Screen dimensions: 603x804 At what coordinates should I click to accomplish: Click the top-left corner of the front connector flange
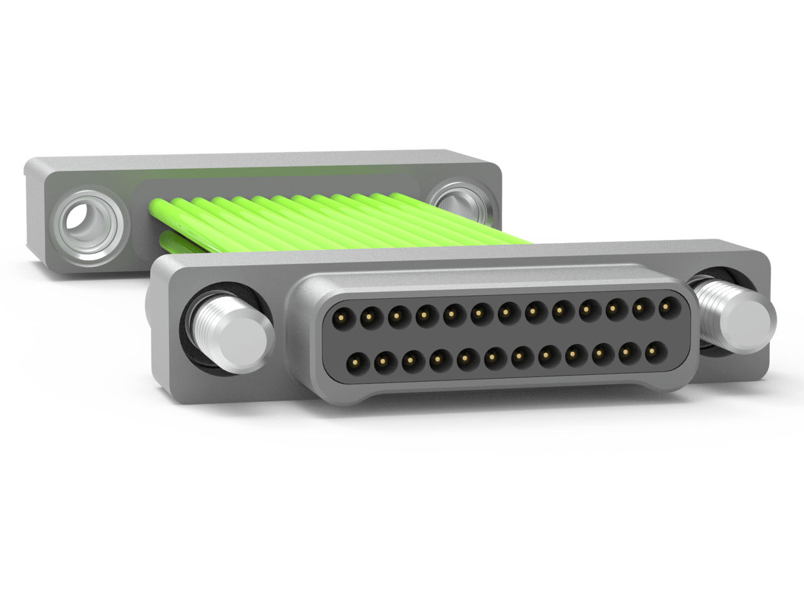[x=161, y=261]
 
